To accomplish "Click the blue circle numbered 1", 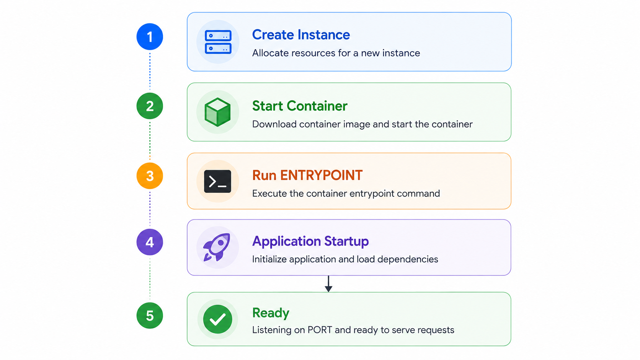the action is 150,37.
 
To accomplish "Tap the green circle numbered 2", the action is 150,106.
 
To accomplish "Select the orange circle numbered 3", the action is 150,176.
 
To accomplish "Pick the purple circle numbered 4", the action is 150,242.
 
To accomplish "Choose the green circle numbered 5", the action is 150,316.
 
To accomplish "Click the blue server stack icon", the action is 218,42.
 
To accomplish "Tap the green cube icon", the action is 218,112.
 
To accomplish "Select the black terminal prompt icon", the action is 218,181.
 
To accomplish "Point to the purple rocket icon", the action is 217,247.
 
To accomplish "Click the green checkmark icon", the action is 218,319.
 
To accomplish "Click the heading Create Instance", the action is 301,35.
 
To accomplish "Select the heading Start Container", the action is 300,106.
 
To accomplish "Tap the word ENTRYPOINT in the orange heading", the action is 322,175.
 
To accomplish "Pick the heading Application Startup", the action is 310,242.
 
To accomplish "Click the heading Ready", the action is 271,313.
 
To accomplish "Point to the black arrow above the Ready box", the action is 328,284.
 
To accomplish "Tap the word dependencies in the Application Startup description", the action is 408,259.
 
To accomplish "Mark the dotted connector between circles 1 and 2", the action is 150,72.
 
